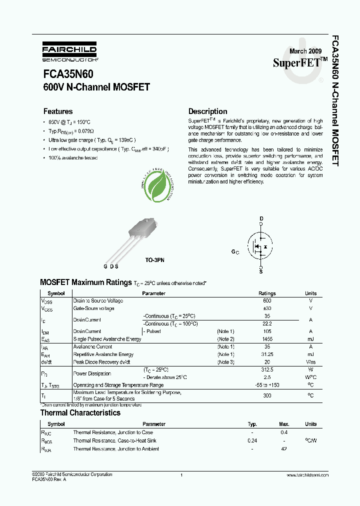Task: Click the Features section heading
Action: click(x=58, y=111)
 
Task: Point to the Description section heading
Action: click(x=207, y=111)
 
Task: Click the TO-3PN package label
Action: click(x=154, y=260)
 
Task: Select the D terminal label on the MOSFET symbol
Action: click(x=260, y=219)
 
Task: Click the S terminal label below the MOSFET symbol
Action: click(x=260, y=270)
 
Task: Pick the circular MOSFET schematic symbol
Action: click(x=260, y=245)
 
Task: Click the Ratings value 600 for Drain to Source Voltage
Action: click(x=266, y=301)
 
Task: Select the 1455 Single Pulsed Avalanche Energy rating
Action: click(x=266, y=339)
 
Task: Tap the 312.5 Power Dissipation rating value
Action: click(x=266, y=369)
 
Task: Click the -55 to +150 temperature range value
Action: click(x=266, y=385)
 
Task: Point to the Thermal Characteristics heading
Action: click(x=80, y=413)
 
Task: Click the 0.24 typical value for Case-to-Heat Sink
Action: click(x=252, y=440)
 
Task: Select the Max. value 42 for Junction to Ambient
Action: click(x=284, y=449)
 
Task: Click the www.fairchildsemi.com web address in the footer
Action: click(x=304, y=474)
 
